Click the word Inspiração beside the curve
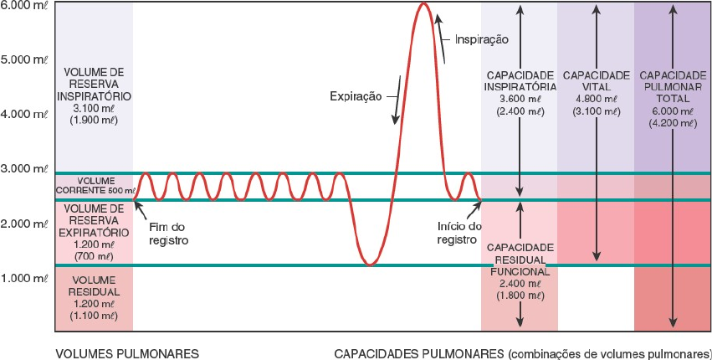click(482, 39)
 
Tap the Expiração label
click(355, 96)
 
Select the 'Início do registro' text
click(459, 234)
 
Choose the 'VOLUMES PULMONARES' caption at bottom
click(127, 353)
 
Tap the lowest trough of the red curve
click(370, 265)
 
